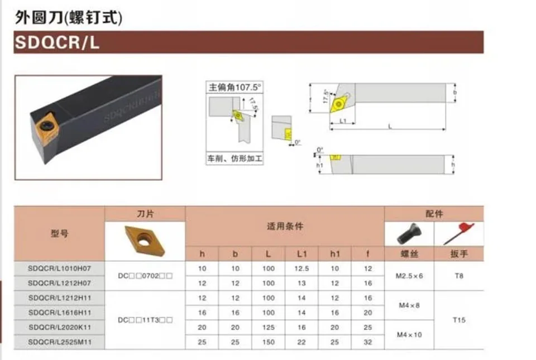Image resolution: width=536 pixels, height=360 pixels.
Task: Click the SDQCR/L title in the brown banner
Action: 58,43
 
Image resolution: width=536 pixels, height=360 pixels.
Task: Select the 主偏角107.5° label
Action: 234,88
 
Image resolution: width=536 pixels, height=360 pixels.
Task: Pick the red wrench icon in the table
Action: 458,233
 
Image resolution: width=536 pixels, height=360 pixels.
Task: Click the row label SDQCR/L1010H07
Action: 59,269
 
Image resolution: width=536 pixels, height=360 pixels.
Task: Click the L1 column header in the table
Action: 302,254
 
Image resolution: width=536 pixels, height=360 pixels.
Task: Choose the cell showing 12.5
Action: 302,269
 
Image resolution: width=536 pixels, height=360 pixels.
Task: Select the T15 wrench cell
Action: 459,320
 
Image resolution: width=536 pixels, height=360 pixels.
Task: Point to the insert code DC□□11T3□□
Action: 145,320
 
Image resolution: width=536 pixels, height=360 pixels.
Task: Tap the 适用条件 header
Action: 285,227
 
